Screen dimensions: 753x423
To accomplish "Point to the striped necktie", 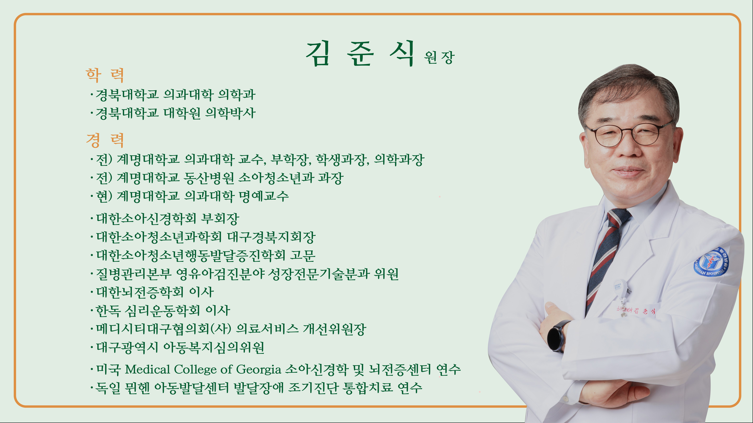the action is (x=605, y=257).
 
